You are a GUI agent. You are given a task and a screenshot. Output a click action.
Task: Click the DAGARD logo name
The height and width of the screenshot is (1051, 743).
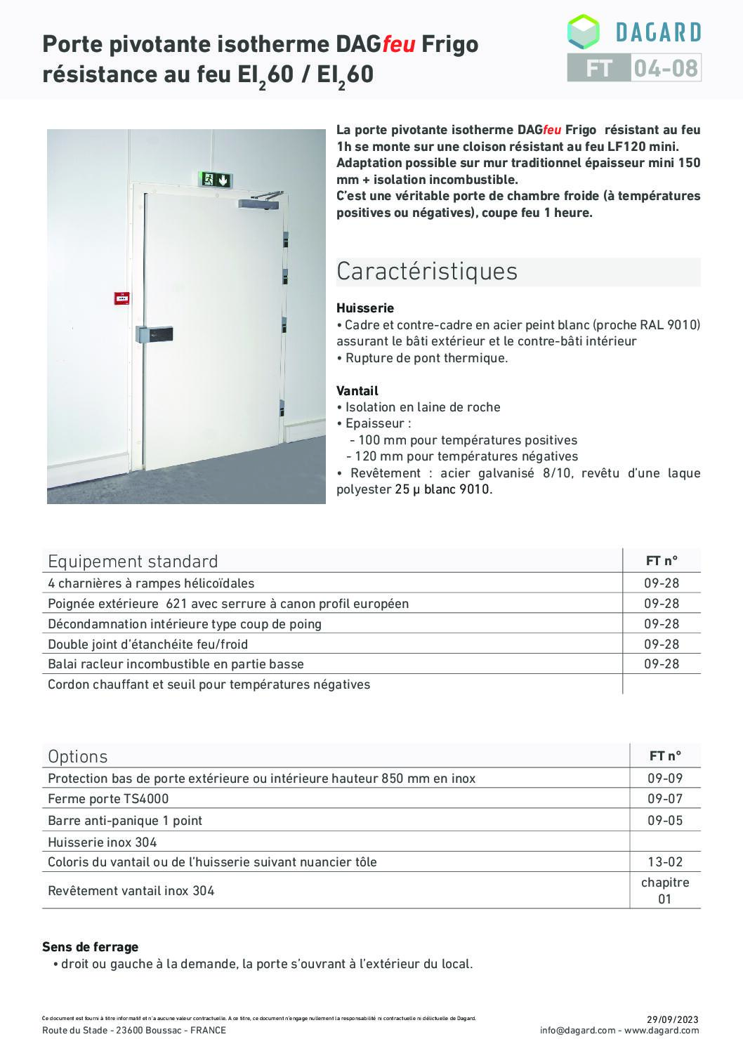pyautogui.click(x=657, y=32)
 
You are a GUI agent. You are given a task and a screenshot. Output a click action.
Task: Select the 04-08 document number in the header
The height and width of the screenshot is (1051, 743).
pyautogui.click(x=665, y=68)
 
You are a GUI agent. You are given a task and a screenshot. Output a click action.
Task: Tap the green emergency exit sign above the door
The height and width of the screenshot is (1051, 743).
pyautogui.click(x=216, y=180)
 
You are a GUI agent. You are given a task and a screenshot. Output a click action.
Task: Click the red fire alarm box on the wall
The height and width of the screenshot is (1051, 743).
pyautogui.click(x=121, y=298)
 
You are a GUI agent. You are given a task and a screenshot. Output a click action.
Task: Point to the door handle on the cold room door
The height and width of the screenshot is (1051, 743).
pyautogui.click(x=154, y=336)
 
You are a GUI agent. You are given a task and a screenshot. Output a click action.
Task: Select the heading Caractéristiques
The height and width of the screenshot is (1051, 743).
pyautogui.click(x=427, y=271)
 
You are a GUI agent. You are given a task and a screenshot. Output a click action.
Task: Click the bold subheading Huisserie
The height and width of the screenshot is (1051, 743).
pyautogui.click(x=365, y=308)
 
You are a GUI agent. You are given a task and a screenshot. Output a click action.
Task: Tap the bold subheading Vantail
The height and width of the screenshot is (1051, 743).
pyautogui.click(x=357, y=390)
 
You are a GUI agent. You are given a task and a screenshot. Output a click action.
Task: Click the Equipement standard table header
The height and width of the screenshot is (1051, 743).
pyautogui.click(x=133, y=561)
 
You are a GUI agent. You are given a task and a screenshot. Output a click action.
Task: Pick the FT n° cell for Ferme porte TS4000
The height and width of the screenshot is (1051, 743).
pyautogui.click(x=664, y=799)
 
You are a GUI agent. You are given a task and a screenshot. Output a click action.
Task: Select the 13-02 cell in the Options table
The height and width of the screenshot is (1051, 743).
pyautogui.click(x=664, y=861)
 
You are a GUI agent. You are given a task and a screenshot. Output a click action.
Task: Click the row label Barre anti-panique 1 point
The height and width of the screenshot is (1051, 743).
pyautogui.click(x=125, y=820)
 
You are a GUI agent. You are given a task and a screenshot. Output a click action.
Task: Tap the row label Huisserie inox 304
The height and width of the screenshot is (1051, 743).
pyautogui.click(x=103, y=842)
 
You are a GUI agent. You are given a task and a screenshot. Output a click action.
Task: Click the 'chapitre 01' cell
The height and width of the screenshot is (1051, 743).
pyautogui.click(x=664, y=890)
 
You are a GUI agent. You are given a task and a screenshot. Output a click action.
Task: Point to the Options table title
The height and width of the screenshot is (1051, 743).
pyautogui.click(x=78, y=756)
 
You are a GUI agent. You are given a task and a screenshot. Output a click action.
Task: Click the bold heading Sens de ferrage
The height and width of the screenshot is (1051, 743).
pyautogui.click(x=91, y=947)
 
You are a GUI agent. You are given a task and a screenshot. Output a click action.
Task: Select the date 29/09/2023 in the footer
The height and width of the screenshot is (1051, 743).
pyautogui.click(x=672, y=1019)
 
